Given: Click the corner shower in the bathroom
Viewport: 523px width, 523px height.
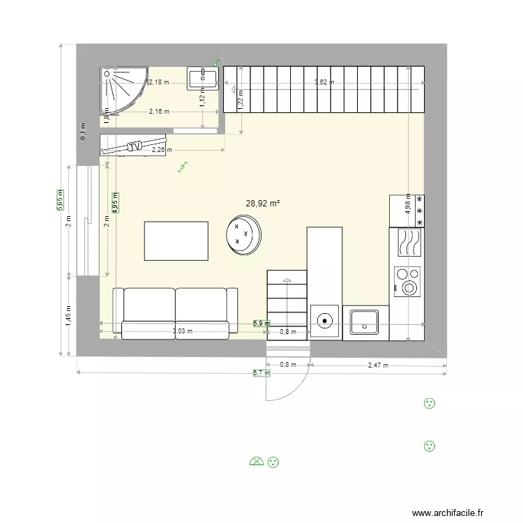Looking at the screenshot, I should click(x=123, y=89).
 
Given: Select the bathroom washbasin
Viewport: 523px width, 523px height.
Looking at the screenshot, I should click(x=204, y=78).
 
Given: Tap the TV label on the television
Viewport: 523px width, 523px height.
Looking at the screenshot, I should click(x=135, y=146).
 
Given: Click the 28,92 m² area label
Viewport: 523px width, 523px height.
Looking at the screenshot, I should click(x=263, y=204).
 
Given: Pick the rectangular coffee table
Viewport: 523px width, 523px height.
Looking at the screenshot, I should click(x=176, y=241).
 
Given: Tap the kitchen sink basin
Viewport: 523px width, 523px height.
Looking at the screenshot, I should click(x=365, y=322).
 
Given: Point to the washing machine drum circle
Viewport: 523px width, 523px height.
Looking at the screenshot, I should click(x=325, y=321).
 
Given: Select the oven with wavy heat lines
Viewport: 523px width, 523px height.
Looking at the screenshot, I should click(x=408, y=243).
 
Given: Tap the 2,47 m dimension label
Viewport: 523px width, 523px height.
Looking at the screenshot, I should click(x=377, y=365).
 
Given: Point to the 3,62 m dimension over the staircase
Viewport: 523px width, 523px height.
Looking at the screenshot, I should click(x=324, y=82).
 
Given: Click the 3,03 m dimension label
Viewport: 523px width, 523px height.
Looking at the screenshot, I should click(x=183, y=332).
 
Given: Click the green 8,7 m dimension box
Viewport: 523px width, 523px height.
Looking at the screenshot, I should click(x=261, y=373).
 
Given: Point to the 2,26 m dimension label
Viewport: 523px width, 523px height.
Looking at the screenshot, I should click(x=162, y=149).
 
